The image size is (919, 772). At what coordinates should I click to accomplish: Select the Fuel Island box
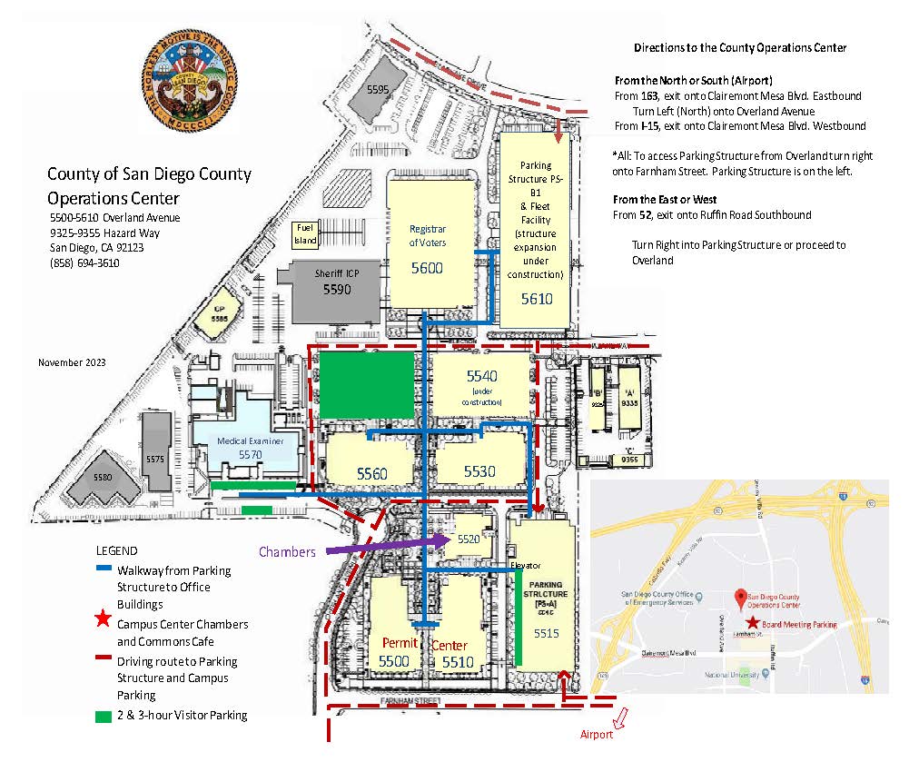tap(304, 236)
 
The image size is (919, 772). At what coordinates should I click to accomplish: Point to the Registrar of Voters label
tap(427, 235)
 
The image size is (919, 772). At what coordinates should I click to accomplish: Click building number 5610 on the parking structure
tap(536, 298)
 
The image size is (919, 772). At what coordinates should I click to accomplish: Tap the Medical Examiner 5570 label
tap(250, 446)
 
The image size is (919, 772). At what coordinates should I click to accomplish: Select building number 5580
tap(104, 476)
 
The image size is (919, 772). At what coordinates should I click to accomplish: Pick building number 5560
tap(371, 473)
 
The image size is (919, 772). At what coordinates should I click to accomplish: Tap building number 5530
tap(480, 471)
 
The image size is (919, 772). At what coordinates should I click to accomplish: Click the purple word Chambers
tap(287, 551)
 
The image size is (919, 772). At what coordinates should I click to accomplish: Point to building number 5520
tap(469, 539)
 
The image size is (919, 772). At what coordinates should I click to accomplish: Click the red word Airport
tap(597, 734)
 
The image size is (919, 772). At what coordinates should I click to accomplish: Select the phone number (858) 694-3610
tap(84, 262)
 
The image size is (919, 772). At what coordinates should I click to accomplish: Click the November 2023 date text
tap(72, 362)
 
